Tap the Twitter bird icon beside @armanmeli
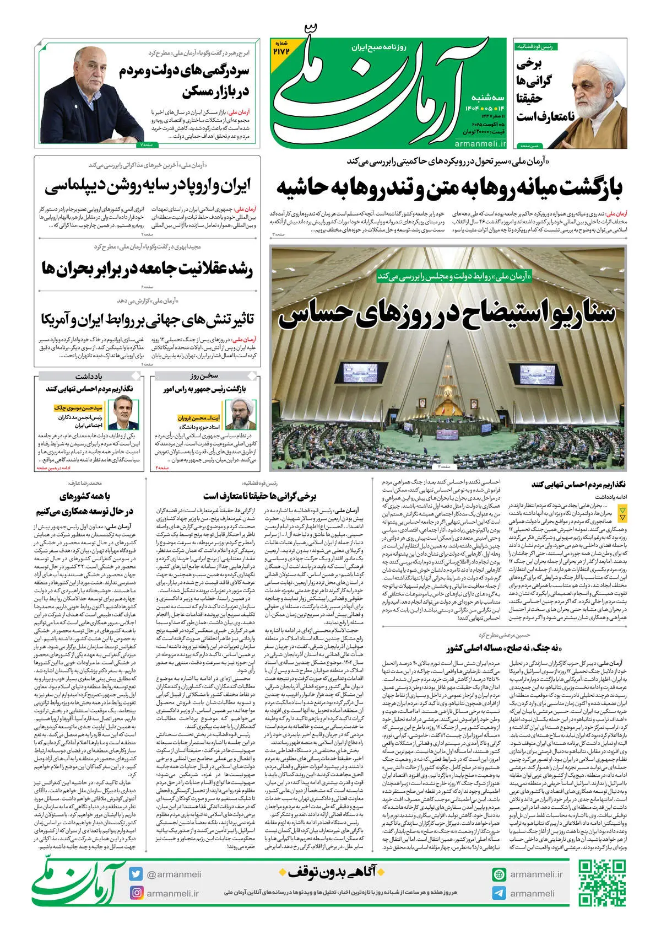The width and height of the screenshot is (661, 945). pos(137,874)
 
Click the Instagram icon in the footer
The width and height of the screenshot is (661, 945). pos(137,893)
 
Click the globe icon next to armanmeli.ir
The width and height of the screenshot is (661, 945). pos(499,874)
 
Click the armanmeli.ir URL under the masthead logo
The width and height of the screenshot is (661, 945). pos(480,144)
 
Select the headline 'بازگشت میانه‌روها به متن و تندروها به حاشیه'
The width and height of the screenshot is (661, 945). pos(449,187)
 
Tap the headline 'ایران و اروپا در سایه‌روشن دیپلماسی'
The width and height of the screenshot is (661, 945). pos(148,186)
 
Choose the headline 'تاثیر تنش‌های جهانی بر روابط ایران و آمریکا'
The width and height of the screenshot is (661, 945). pos(148,319)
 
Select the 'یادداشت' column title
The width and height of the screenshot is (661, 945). pos(89,376)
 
